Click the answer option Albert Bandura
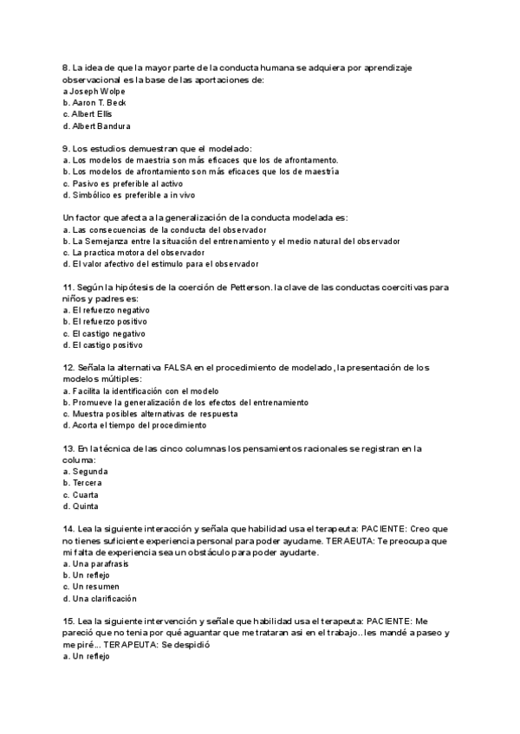coord(101,126)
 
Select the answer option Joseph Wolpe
coord(95,91)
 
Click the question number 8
coord(67,68)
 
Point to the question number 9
coord(67,149)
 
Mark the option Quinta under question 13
coord(86,506)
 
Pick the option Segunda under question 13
coord(90,472)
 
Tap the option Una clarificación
coord(105,598)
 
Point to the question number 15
coord(68,621)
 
